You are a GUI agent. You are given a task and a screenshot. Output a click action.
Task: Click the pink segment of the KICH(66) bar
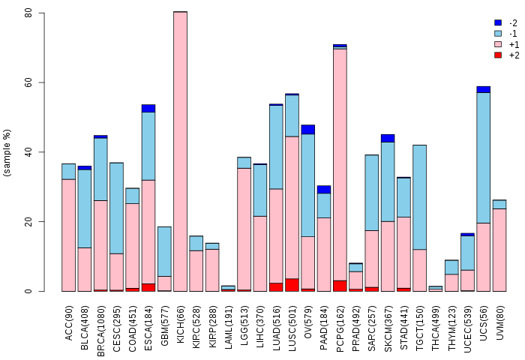pos(180,150)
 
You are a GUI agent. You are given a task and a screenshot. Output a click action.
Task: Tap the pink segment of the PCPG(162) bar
pos(340,165)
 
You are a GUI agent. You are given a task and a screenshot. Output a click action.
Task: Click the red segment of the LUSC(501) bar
pos(292,285)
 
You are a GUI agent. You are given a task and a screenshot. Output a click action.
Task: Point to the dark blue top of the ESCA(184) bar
pos(148,108)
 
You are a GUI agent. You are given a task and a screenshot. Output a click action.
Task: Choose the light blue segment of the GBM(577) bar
pos(164,251)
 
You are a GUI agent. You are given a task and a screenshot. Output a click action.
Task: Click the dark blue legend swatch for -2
pos(498,23)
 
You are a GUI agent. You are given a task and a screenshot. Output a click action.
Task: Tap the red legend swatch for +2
pos(498,55)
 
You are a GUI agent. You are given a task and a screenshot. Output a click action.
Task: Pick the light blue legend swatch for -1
pos(498,34)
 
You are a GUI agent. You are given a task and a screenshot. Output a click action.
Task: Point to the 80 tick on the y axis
pos(45,13)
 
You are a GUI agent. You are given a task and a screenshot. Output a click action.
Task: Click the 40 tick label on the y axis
pos(28,152)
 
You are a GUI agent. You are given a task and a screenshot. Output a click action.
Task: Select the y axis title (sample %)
pos(7,153)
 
